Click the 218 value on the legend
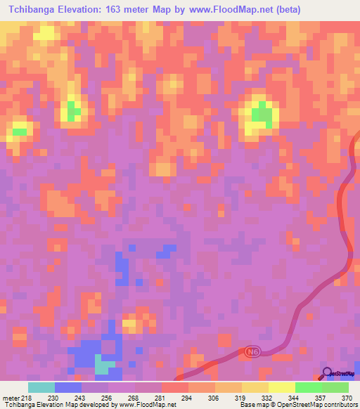27,397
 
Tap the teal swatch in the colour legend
41,387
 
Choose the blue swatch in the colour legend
68,387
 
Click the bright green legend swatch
309,387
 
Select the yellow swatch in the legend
282,387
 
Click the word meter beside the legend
10,397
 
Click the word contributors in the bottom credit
339,405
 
